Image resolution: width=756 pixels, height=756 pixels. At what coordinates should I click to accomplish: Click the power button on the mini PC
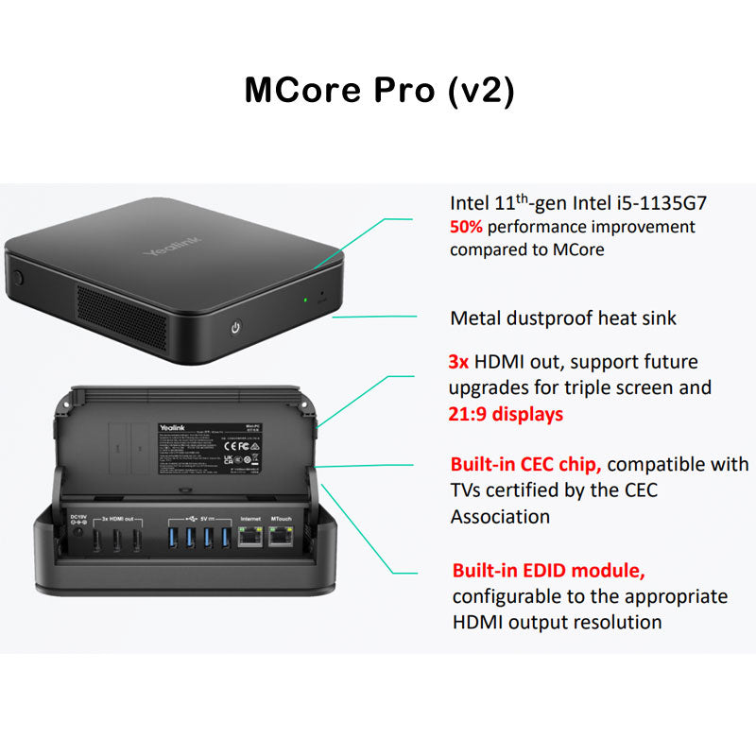[235, 329]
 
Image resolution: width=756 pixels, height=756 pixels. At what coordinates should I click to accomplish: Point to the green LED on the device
[304, 301]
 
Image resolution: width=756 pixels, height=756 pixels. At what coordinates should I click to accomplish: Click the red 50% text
[471, 227]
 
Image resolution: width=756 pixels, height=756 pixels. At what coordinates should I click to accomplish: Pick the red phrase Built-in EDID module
[549, 571]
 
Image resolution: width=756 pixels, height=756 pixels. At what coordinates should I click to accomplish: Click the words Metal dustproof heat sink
[563, 318]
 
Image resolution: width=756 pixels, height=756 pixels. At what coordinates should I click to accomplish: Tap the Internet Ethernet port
[250, 538]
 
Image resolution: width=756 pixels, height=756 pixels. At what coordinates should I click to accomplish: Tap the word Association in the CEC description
[501, 517]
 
